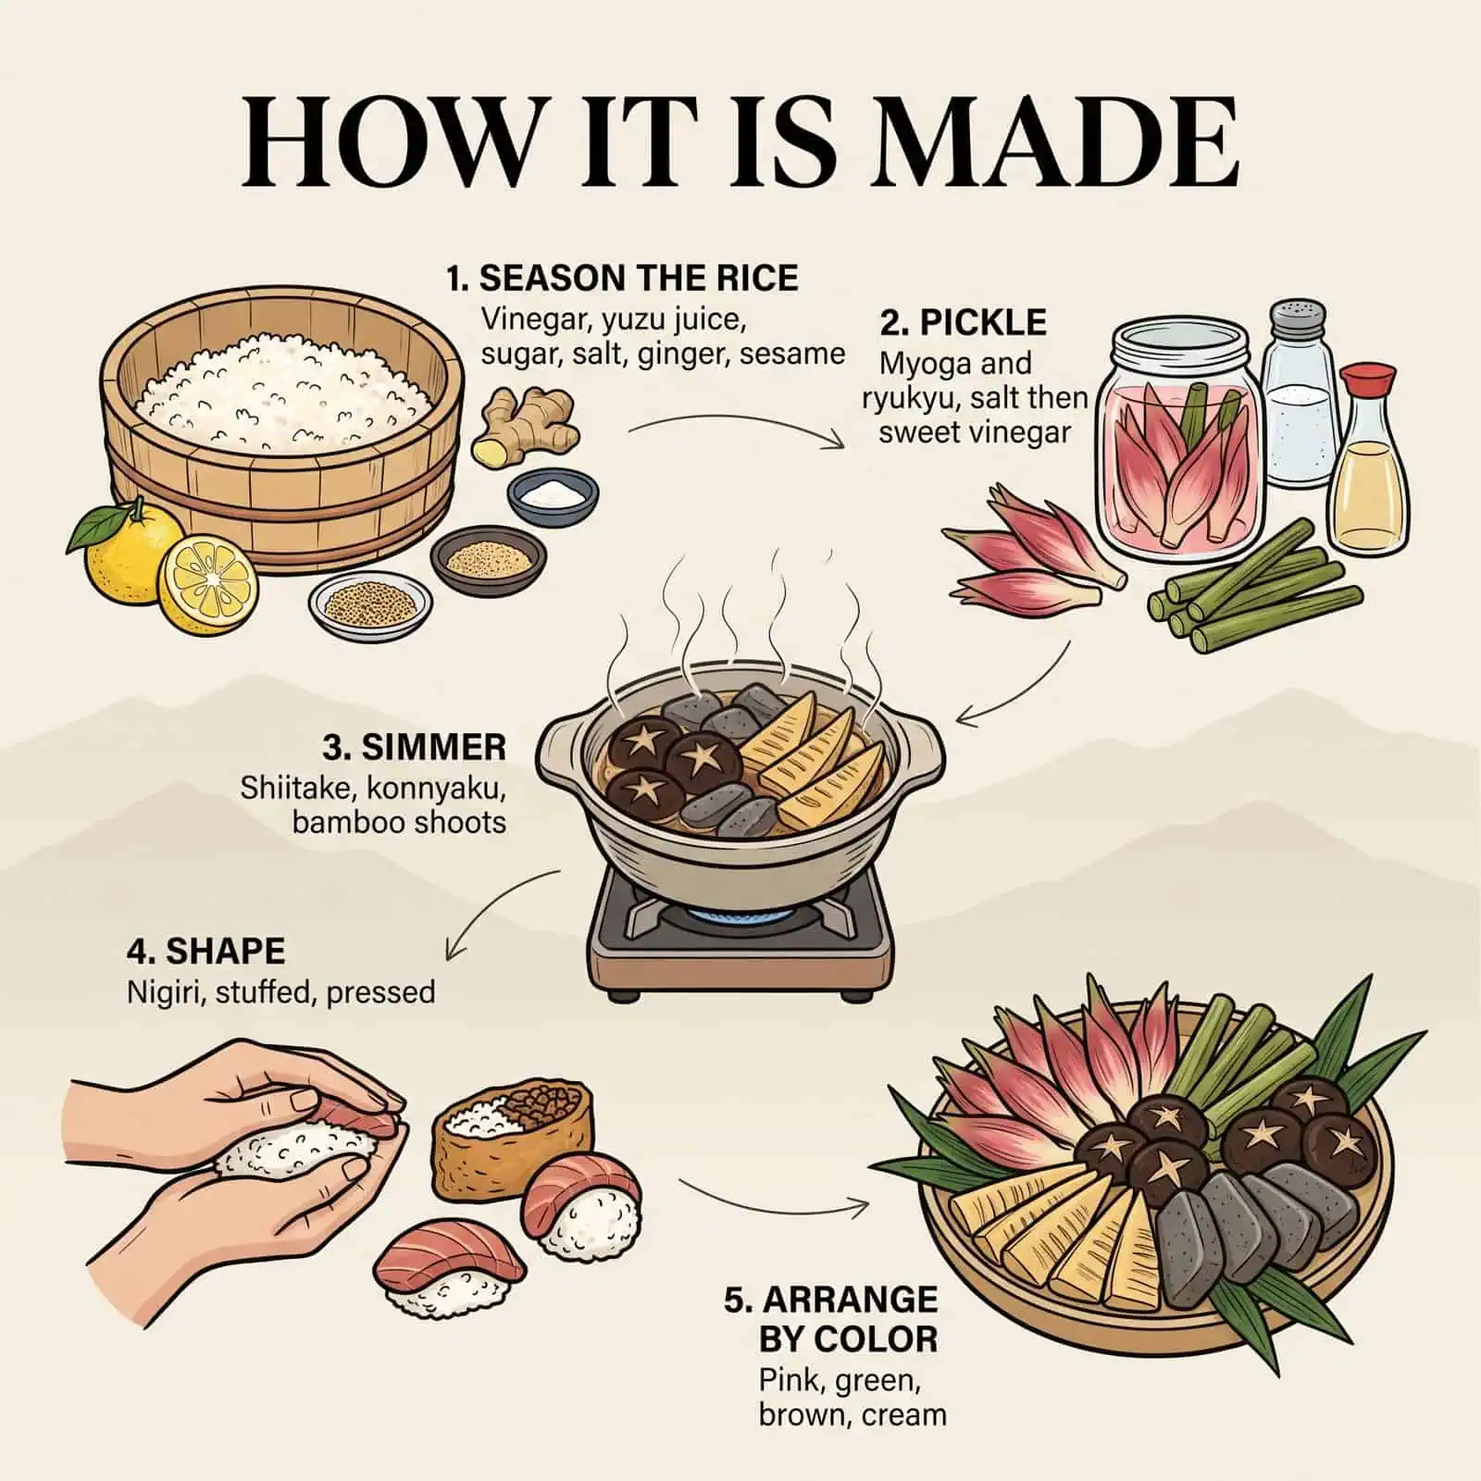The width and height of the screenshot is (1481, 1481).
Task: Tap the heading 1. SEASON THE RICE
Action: point(622,278)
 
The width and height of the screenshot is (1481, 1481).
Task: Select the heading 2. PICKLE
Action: point(963,322)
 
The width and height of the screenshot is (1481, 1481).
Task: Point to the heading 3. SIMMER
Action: point(415,746)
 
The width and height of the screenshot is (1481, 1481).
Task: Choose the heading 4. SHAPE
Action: point(205,951)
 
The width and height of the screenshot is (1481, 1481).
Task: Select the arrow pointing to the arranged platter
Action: point(773,1197)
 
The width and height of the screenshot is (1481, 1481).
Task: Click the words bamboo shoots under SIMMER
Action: point(400,822)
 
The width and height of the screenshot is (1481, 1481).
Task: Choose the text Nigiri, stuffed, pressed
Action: point(280,991)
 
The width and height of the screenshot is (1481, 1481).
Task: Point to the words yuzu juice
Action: point(674,320)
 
